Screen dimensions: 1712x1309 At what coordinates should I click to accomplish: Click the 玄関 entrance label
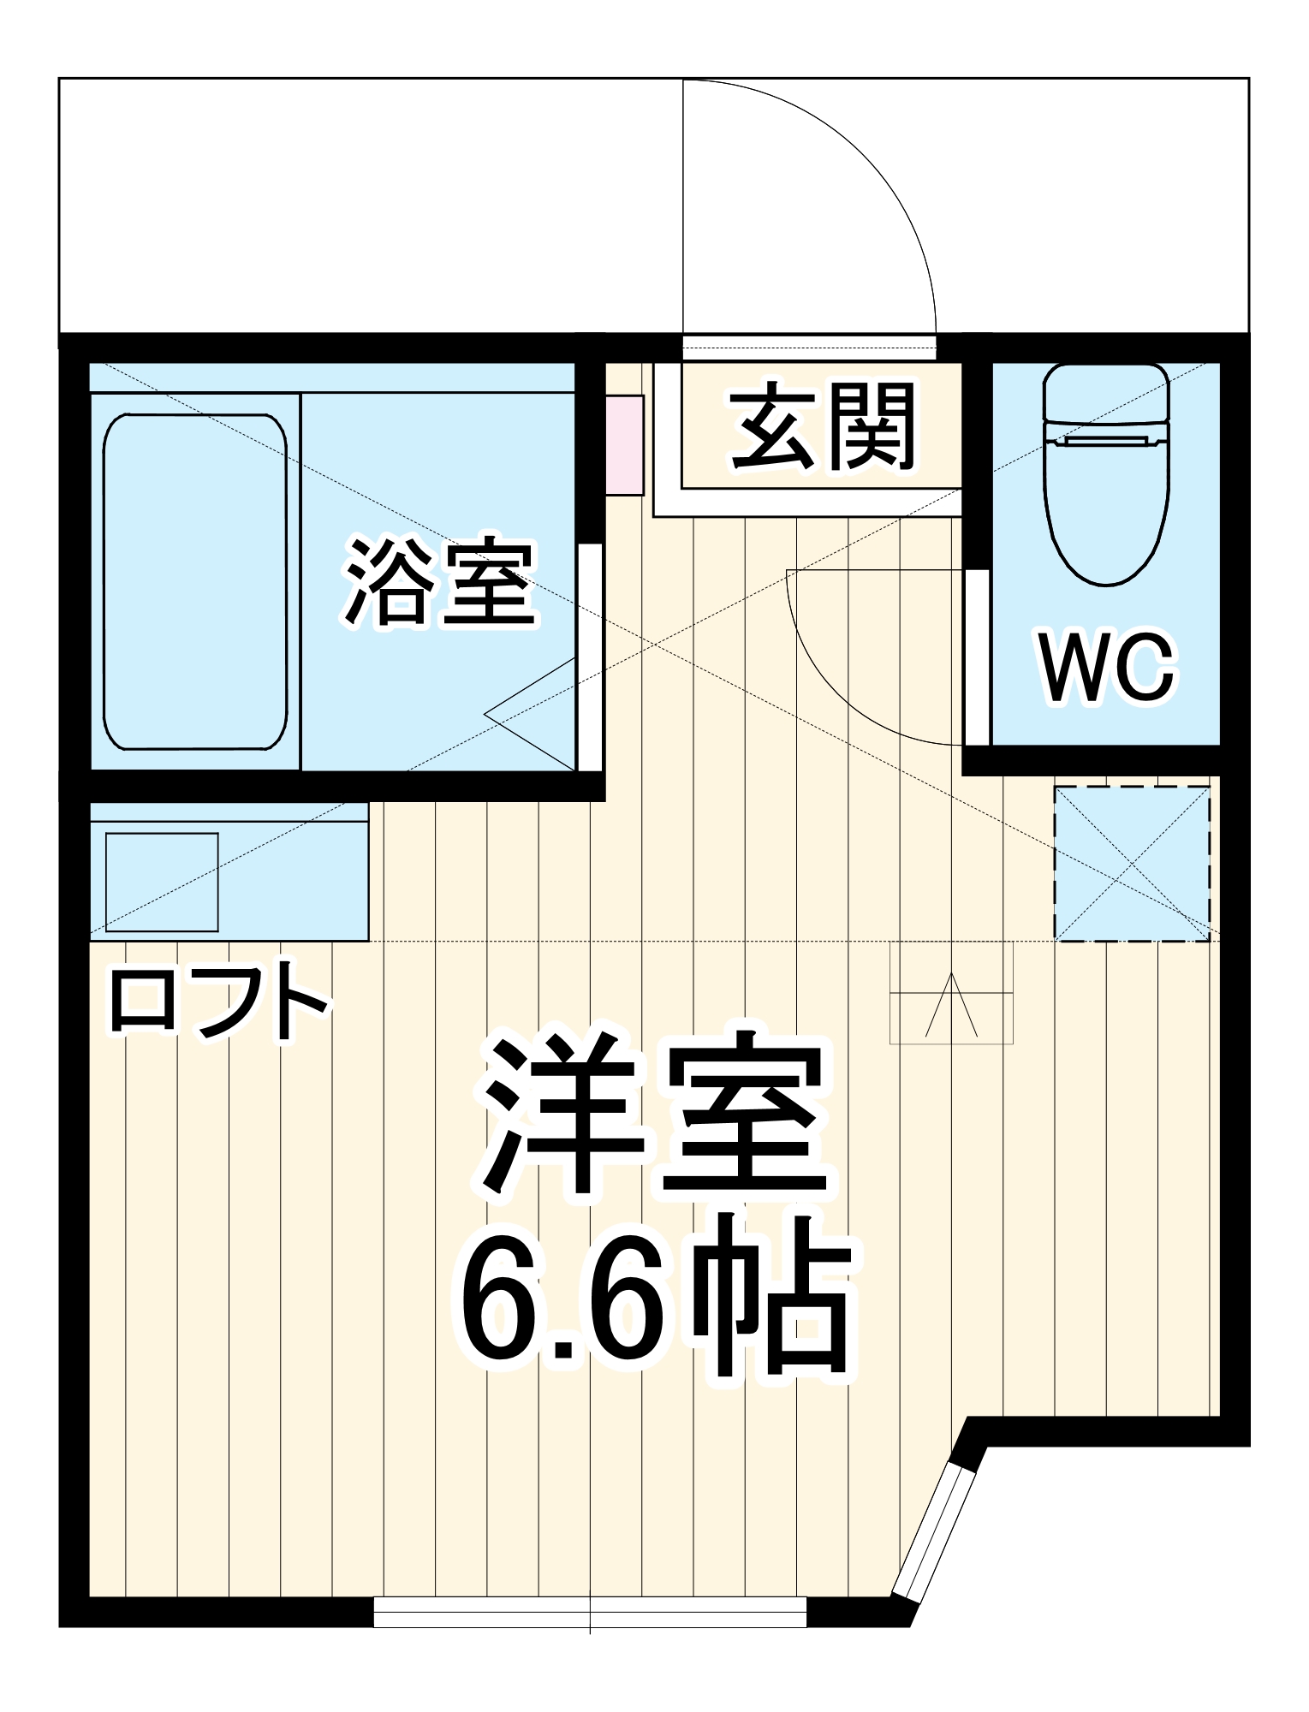[822, 427]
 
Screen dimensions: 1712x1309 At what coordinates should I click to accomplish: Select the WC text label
[1106, 669]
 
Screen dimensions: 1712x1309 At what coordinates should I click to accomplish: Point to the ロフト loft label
[217, 1002]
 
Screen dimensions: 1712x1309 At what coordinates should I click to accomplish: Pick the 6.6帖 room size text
[655, 1302]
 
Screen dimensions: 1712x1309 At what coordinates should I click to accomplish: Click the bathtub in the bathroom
[195, 581]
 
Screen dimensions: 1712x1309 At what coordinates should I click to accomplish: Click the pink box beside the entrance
[625, 445]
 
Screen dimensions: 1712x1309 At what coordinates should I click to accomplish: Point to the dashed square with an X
[1132, 865]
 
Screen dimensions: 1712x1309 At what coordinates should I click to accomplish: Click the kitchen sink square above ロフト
[162, 882]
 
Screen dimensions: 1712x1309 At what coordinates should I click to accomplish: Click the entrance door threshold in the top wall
[809, 348]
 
